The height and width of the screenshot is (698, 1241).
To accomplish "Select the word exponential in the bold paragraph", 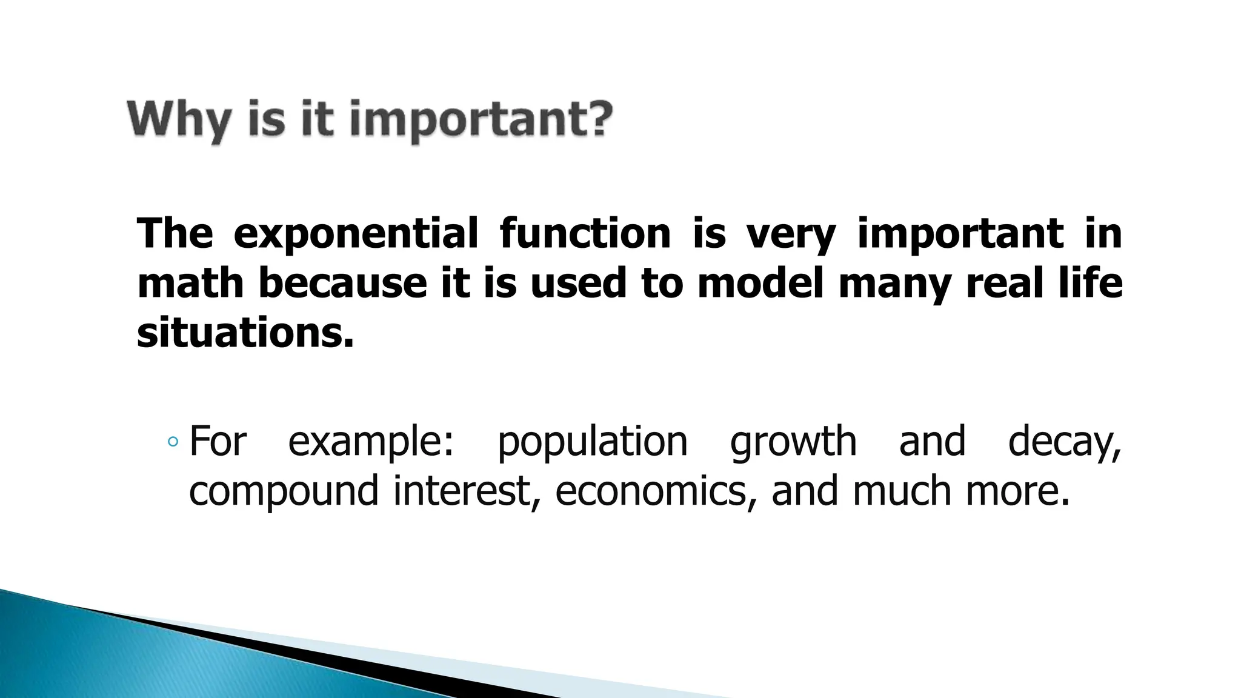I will (356, 233).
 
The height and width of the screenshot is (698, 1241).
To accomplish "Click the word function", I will (585, 233).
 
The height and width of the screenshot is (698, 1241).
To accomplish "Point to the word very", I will (791, 233).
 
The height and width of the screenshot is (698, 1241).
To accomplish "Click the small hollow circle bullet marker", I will (173, 442).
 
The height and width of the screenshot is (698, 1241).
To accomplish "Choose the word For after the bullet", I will (218, 441).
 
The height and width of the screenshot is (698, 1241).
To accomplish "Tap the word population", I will (592, 442).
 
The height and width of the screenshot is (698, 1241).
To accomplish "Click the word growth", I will (793, 442).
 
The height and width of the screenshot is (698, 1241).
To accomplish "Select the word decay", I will (1064, 442).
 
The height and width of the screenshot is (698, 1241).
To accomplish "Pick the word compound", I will (284, 491).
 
